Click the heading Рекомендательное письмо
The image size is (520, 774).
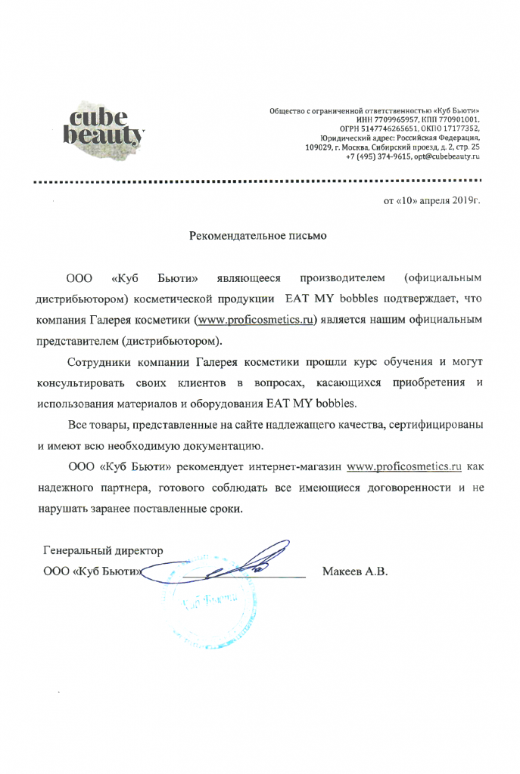pyautogui.click(x=257, y=237)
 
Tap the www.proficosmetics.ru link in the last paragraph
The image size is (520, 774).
pyautogui.click(x=403, y=467)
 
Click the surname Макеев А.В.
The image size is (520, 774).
pyautogui.click(x=354, y=571)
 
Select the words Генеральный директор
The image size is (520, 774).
pyautogui.click(x=103, y=550)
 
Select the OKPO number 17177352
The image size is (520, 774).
pyautogui.click(x=459, y=129)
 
